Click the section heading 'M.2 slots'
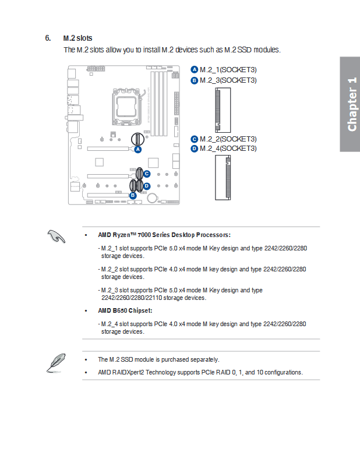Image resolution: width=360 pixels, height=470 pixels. (77, 38)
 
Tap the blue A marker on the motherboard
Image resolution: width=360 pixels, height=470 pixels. (137, 149)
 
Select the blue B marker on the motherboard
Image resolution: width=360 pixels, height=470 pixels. (133, 196)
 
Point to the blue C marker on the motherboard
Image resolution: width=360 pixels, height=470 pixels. (147, 174)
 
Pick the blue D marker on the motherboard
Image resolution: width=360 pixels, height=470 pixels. (147, 186)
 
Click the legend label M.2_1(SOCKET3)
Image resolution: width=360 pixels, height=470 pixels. (228, 70)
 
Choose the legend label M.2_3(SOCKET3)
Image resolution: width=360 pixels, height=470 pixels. (228, 80)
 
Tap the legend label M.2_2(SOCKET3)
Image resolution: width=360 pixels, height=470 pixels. (228, 139)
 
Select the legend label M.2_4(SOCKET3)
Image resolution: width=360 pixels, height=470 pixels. (228, 149)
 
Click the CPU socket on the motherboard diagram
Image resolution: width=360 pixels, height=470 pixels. (126, 107)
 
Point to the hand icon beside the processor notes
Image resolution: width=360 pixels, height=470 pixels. (56, 236)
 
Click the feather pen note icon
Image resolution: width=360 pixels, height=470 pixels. (56, 363)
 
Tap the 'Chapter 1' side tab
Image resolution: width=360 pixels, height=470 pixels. (350, 104)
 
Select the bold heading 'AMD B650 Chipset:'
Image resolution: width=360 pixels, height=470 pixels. (125, 310)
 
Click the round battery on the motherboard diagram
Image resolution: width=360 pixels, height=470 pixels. (152, 197)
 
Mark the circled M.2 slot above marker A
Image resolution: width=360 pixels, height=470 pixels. (137, 139)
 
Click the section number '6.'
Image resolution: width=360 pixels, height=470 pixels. (48, 38)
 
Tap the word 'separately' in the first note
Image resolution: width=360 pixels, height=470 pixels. (204, 359)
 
